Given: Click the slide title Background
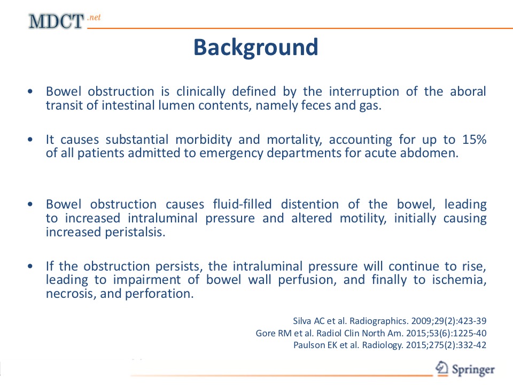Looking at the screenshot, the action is coord(256,48).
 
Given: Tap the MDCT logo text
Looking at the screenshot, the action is coord(56,21).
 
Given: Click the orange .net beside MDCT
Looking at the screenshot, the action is coord(94,17).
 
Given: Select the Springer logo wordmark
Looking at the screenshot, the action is coord(473,369).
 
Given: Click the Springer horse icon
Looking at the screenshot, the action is coord(442,368).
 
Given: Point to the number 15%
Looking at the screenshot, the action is coord(474,140).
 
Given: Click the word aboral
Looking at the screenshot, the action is coord(468,91).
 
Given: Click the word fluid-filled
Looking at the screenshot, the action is coord(243,204).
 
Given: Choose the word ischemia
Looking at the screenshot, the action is coord(460,280).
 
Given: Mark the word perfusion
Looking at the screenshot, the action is coord(307,280).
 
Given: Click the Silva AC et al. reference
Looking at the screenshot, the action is coord(390,321).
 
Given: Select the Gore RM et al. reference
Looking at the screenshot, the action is coord(371,333).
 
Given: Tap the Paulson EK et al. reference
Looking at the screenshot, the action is coord(390,345).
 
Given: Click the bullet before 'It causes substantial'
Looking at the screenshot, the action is coord(30,140).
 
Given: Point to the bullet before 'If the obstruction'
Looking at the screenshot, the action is coord(30,266).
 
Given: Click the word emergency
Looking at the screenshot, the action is coord(231,153).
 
